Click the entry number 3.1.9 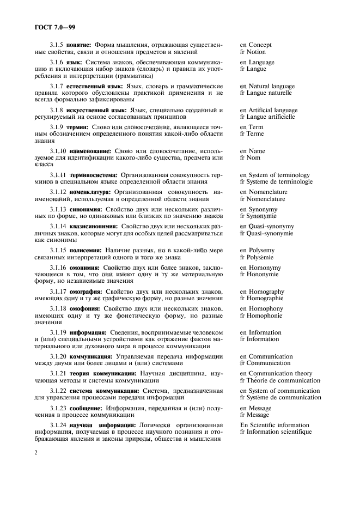click(59, 127)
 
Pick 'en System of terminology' click(274, 175)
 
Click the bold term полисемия click(86, 250)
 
